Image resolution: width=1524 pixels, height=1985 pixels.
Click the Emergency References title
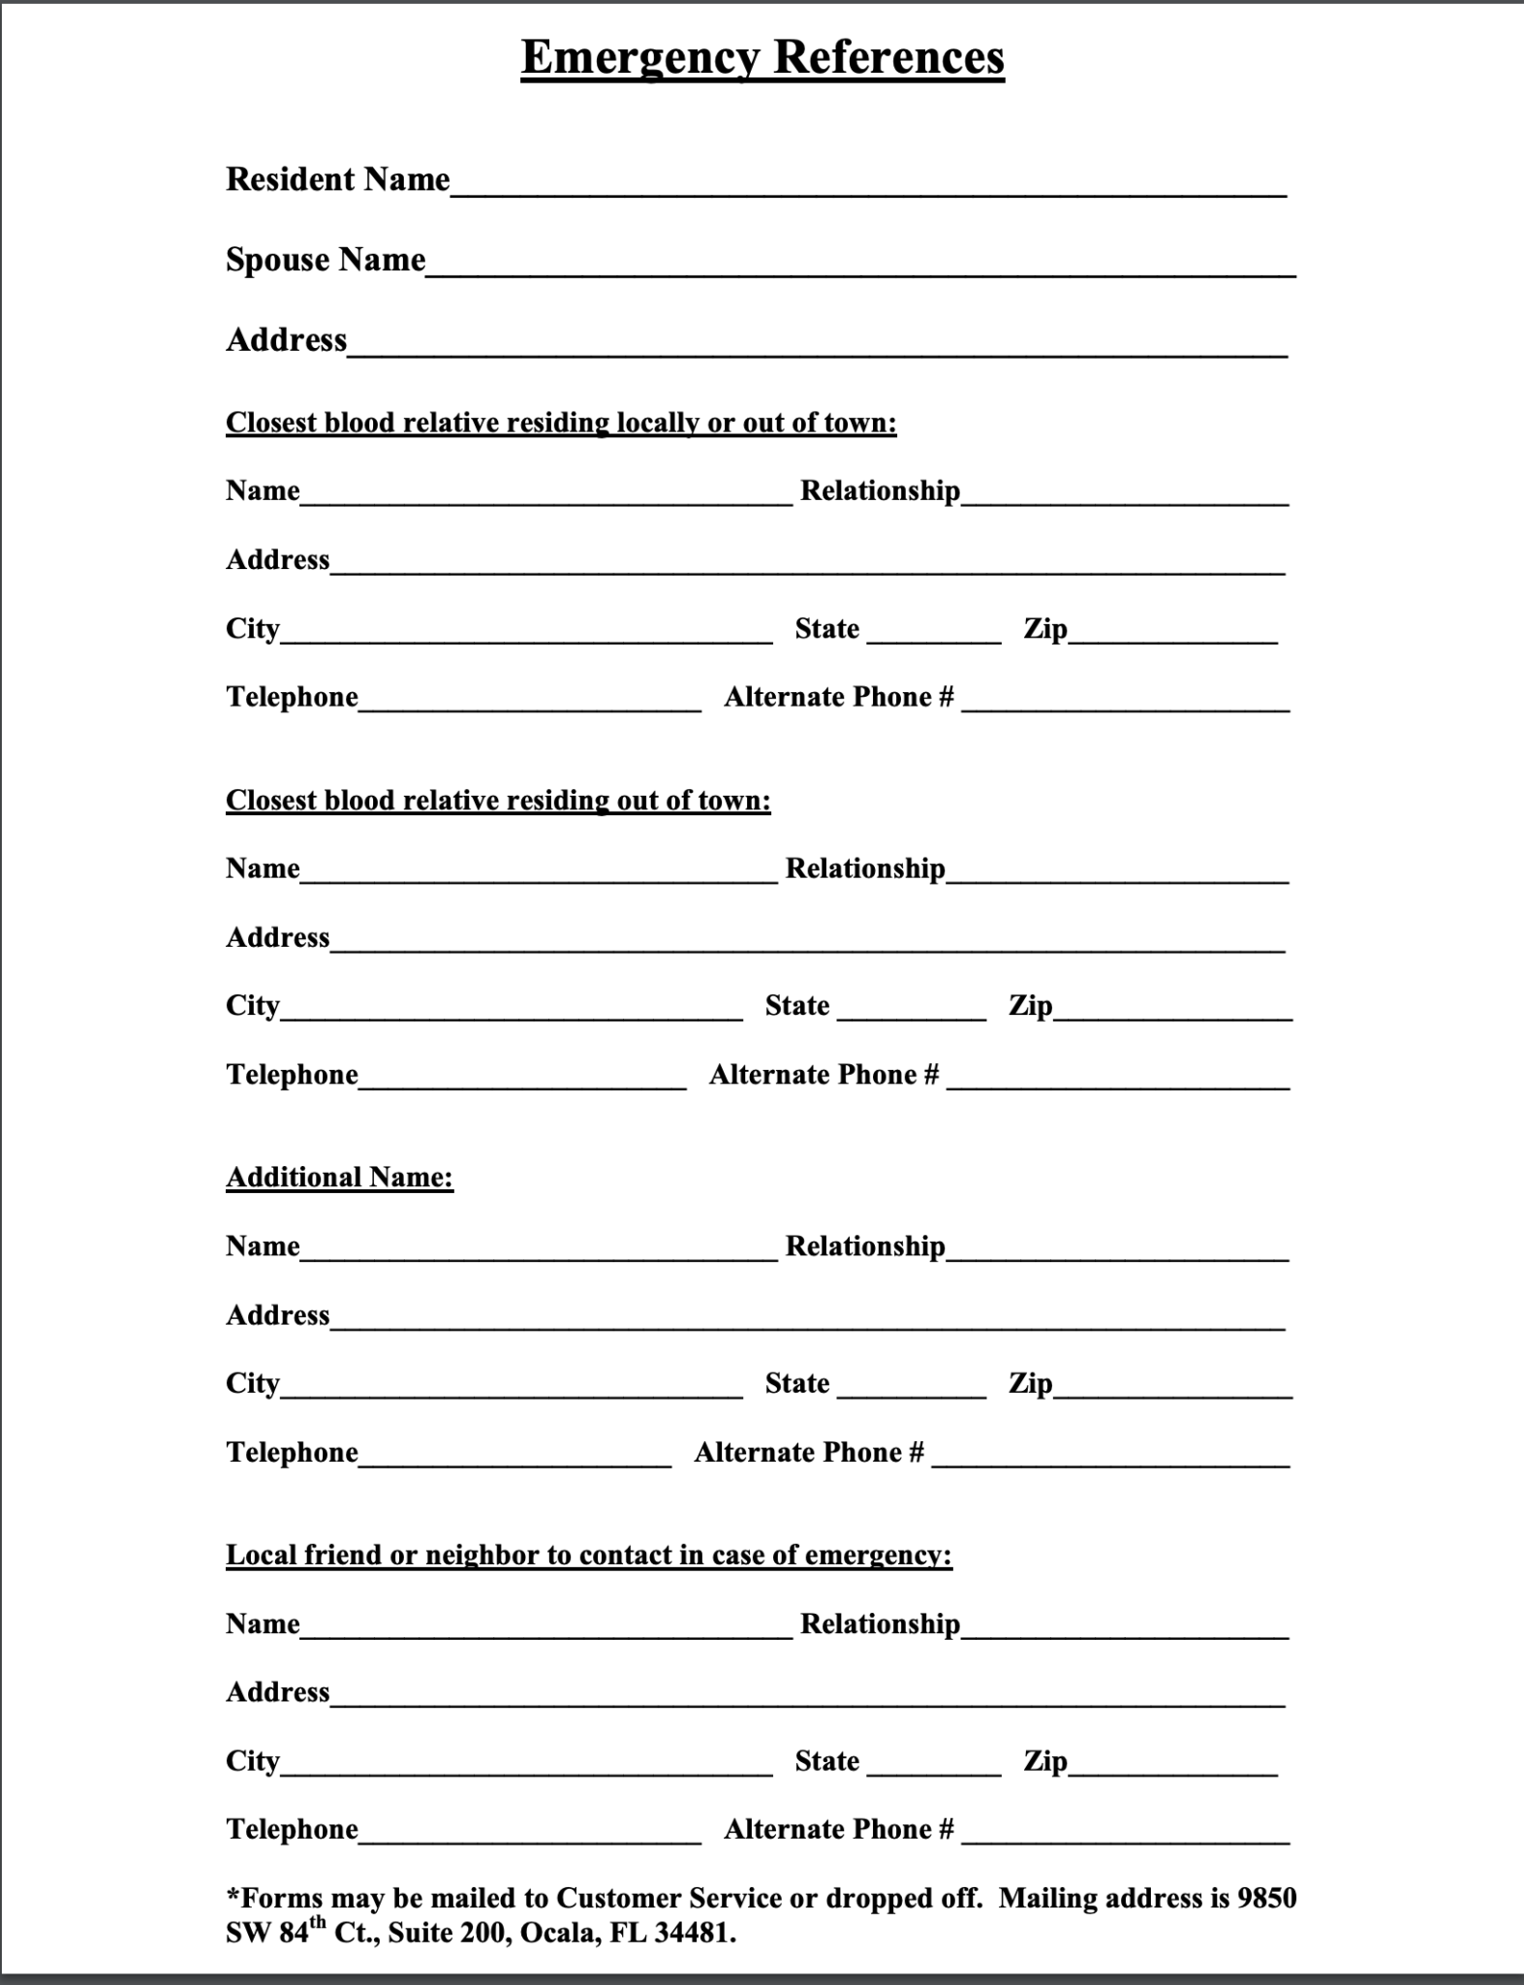point(762,57)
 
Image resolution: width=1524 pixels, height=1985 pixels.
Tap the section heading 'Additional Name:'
point(339,1177)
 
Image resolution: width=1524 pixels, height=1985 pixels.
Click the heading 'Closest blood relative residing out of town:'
point(498,800)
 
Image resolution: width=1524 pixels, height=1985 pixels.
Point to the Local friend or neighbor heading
point(589,1555)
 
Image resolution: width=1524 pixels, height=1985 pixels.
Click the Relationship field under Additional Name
point(1117,1248)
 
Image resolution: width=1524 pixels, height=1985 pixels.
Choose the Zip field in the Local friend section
point(1172,1764)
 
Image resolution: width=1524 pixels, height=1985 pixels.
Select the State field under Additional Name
point(912,1386)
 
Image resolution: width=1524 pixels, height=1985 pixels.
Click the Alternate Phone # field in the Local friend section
point(1126,1832)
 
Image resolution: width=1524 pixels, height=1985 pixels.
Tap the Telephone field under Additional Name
point(514,1455)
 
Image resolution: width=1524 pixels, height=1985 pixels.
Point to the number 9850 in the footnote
point(1267,1898)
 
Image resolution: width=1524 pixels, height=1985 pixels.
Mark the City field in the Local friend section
point(526,1764)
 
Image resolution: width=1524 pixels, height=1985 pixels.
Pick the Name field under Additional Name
point(539,1248)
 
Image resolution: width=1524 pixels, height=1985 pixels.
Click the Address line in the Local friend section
point(807,1695)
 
